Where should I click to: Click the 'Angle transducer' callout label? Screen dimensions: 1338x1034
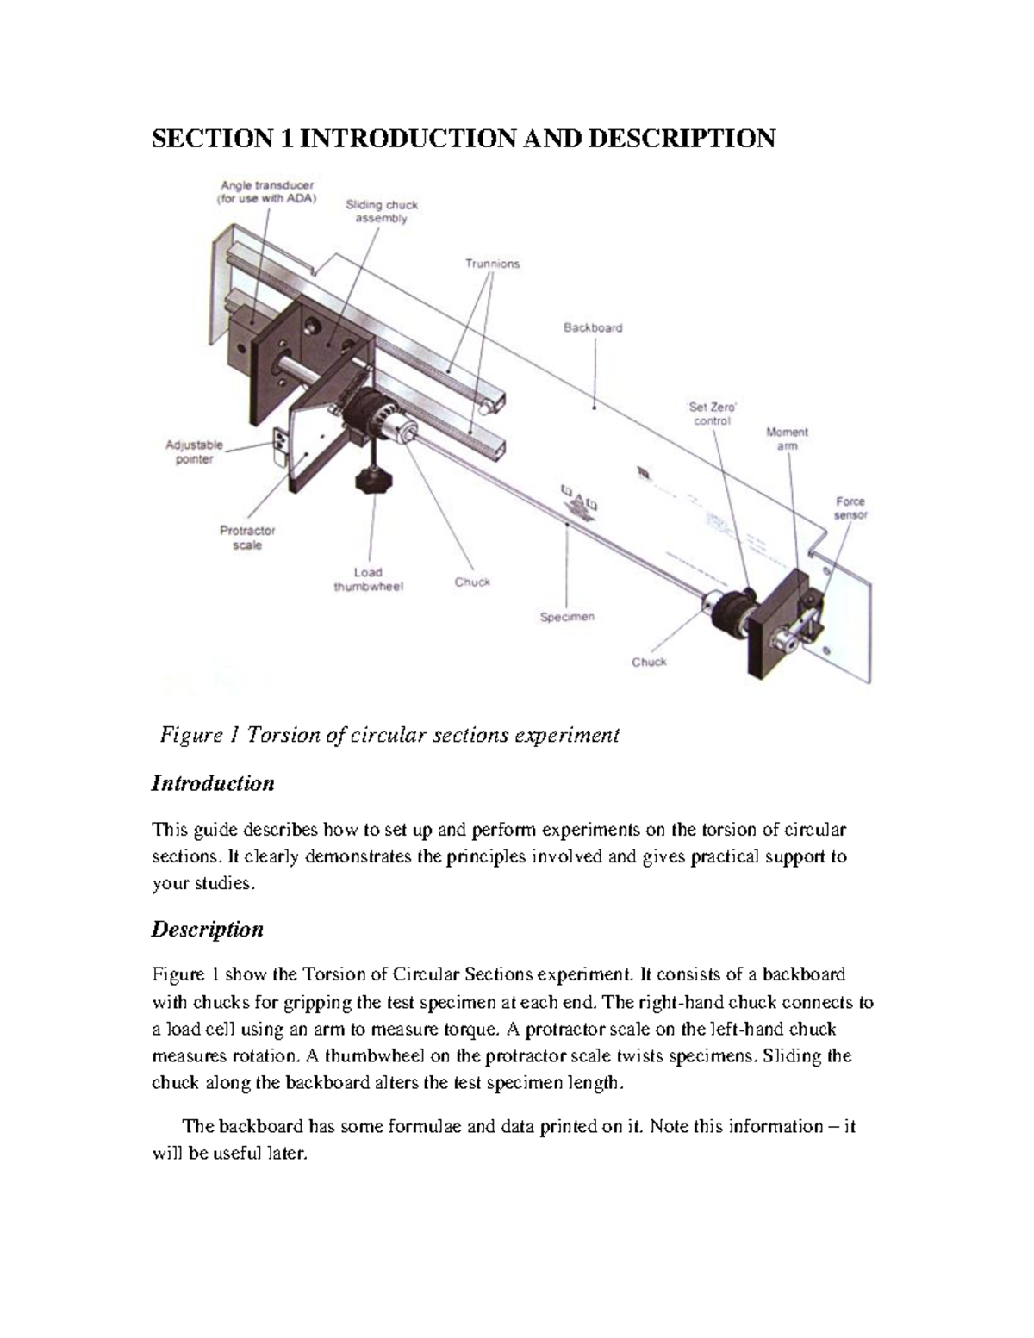coord(267,192)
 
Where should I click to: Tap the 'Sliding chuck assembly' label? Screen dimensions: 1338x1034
coord(382,212)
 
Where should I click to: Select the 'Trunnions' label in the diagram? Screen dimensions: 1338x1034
coord(492,264)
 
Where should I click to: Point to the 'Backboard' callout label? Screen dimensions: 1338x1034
coord(593,327)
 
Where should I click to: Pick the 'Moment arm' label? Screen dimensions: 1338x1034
coord(787,439)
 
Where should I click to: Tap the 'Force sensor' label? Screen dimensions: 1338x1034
coord(850,507)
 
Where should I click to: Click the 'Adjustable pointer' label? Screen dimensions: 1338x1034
coord(194,452)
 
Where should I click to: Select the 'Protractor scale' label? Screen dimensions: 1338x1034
coord(247,538)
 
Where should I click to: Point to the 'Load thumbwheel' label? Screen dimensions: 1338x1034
coord(368,579)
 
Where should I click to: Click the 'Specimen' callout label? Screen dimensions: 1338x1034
coord(567,617)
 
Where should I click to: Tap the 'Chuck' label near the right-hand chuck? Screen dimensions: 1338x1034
coord(649,662)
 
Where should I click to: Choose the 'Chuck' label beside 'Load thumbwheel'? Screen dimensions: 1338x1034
coord(472,582)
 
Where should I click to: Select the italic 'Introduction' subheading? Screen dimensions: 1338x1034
coord(213,783)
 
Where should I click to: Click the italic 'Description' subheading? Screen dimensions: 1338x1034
coord(208,930)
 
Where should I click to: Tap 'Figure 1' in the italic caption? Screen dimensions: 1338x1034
coord(199,735)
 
